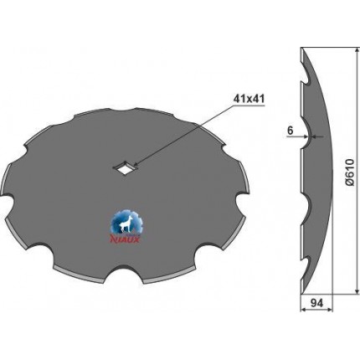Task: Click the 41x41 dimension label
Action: [248, 99]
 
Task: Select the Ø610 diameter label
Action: [349, 172]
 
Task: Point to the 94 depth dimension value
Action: [316, 302]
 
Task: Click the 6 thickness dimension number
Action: [291, 131]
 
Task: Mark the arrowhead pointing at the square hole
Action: [136, 165]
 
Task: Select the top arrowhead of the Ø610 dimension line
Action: [357, 51]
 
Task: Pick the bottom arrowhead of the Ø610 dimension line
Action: [357, 291]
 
